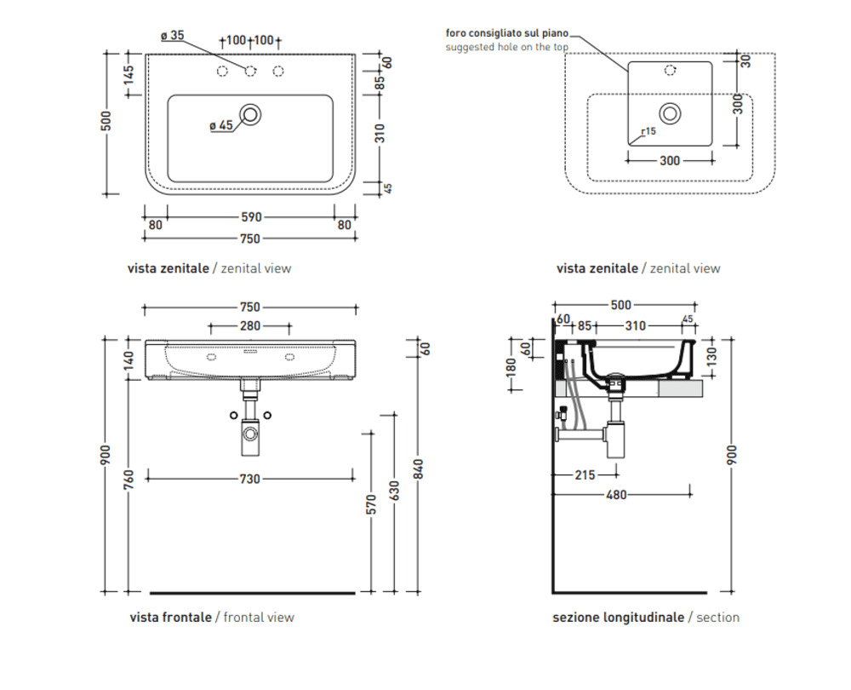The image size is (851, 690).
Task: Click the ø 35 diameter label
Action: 172,36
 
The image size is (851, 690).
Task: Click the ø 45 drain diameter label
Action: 220,125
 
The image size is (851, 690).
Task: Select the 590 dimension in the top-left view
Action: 250,217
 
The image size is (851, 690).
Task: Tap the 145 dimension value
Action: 129,73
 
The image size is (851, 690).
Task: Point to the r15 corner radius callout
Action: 648,131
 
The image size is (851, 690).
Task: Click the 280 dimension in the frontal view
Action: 250,325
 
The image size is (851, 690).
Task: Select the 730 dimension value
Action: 249,479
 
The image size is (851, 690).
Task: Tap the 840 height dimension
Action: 417,468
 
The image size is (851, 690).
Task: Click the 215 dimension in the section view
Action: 585,475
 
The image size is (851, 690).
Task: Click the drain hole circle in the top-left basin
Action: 251,113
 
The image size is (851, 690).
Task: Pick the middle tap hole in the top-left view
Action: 251,71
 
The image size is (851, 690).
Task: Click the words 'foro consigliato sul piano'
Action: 507,33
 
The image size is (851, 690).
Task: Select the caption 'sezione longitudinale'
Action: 618,617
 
